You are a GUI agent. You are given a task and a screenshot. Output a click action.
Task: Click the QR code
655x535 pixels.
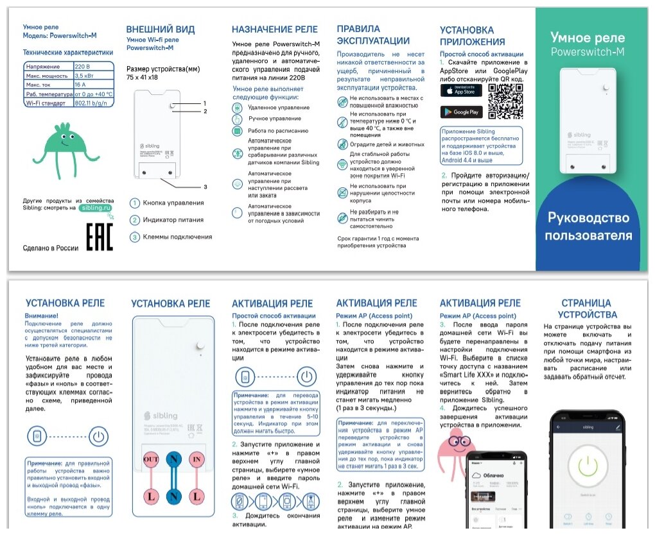tap(505, 102)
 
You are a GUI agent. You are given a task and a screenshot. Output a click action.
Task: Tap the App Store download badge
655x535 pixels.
tap(461, 90)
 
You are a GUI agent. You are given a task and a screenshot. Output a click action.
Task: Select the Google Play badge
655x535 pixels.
tap(461, 112)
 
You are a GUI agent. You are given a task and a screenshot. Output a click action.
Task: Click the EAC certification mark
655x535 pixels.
tap(100, 237)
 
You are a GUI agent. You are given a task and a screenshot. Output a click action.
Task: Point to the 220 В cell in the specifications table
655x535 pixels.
tap(93, 67)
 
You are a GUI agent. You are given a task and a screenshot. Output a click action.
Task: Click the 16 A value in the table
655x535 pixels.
tap(93, 85)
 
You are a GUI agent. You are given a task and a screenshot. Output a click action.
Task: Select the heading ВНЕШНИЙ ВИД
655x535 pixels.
tap(160, 30)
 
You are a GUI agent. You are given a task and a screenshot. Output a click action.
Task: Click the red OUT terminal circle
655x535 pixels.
tap(151, 459)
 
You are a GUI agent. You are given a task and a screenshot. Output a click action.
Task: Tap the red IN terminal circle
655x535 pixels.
tap(197, 459)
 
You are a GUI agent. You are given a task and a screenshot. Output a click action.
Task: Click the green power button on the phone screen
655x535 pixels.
tap(588, 469)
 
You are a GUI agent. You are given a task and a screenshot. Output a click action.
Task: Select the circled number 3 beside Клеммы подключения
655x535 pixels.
tap(135, 237)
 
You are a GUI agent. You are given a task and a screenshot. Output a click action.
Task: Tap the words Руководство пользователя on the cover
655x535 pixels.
tap(588, 226)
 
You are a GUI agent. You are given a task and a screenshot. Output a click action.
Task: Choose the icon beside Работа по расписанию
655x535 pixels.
tap(238, 130)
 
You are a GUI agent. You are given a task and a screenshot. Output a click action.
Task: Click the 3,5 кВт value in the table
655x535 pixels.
tap(93, 76)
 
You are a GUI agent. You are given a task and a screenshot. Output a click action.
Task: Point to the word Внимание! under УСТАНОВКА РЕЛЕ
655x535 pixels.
tap(41, 316)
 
